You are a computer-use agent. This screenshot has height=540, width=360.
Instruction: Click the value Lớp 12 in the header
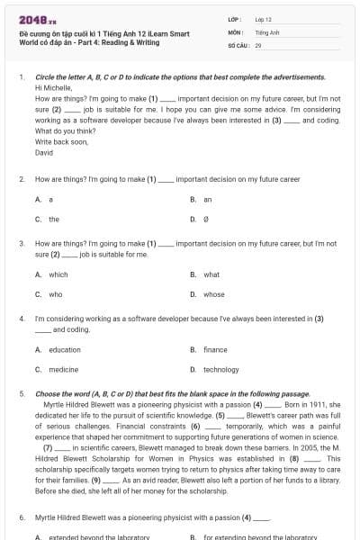(263, 18)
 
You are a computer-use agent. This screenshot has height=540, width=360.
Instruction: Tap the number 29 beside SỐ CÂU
(258, 44)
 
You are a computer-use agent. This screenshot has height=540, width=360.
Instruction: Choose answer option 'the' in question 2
(54, 219)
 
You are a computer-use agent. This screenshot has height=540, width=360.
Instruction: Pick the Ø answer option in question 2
(207, 219)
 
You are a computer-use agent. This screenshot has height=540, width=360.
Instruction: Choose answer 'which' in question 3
(58, 274)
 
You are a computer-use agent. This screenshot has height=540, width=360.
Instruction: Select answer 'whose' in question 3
(213, 294)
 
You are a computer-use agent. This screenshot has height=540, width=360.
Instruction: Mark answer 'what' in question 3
(211, 274)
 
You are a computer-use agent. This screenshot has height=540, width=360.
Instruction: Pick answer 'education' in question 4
(64, 350)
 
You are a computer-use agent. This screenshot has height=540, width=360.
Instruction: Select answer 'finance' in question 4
(215, 350)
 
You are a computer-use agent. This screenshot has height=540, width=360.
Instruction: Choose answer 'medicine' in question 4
(63, 370)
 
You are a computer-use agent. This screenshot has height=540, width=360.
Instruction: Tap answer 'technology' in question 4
(220, 370)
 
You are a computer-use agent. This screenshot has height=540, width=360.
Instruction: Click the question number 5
(22, 394)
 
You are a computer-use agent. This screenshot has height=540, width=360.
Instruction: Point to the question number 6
(22, 517)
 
